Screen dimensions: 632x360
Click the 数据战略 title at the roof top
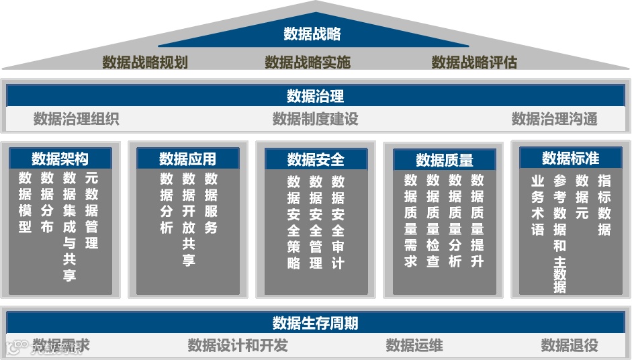(312, 34)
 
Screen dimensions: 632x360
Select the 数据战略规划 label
(145, 62)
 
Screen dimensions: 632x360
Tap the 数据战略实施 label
(308, 62)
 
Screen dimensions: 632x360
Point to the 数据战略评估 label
(474, 62)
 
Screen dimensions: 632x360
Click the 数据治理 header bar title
(315, 95)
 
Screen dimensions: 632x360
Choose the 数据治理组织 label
(77, 119)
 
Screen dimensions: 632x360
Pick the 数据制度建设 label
(315, 119)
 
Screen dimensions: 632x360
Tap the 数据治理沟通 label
(554, 119)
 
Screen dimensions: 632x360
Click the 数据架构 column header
(60, 159)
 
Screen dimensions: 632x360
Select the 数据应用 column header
(187, 159)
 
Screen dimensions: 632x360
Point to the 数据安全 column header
(316, 159)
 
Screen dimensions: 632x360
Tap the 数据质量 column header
(444, 160)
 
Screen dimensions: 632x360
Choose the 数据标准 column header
(570, 158)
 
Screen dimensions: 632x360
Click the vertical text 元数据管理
(92, 210)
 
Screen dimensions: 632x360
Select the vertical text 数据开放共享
(189, 219)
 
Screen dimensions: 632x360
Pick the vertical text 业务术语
(537, 205)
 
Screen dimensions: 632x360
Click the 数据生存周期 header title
(315, 323)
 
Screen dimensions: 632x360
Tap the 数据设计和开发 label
(238, 345)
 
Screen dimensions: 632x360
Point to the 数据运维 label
(414, 345)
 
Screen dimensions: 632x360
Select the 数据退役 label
(570, 345)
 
